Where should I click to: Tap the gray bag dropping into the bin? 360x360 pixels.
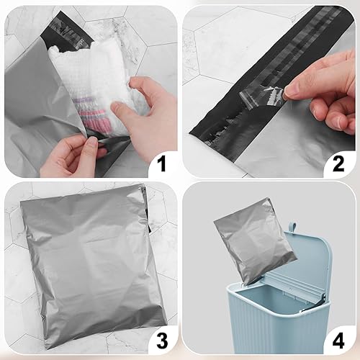[x=253, y=248]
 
